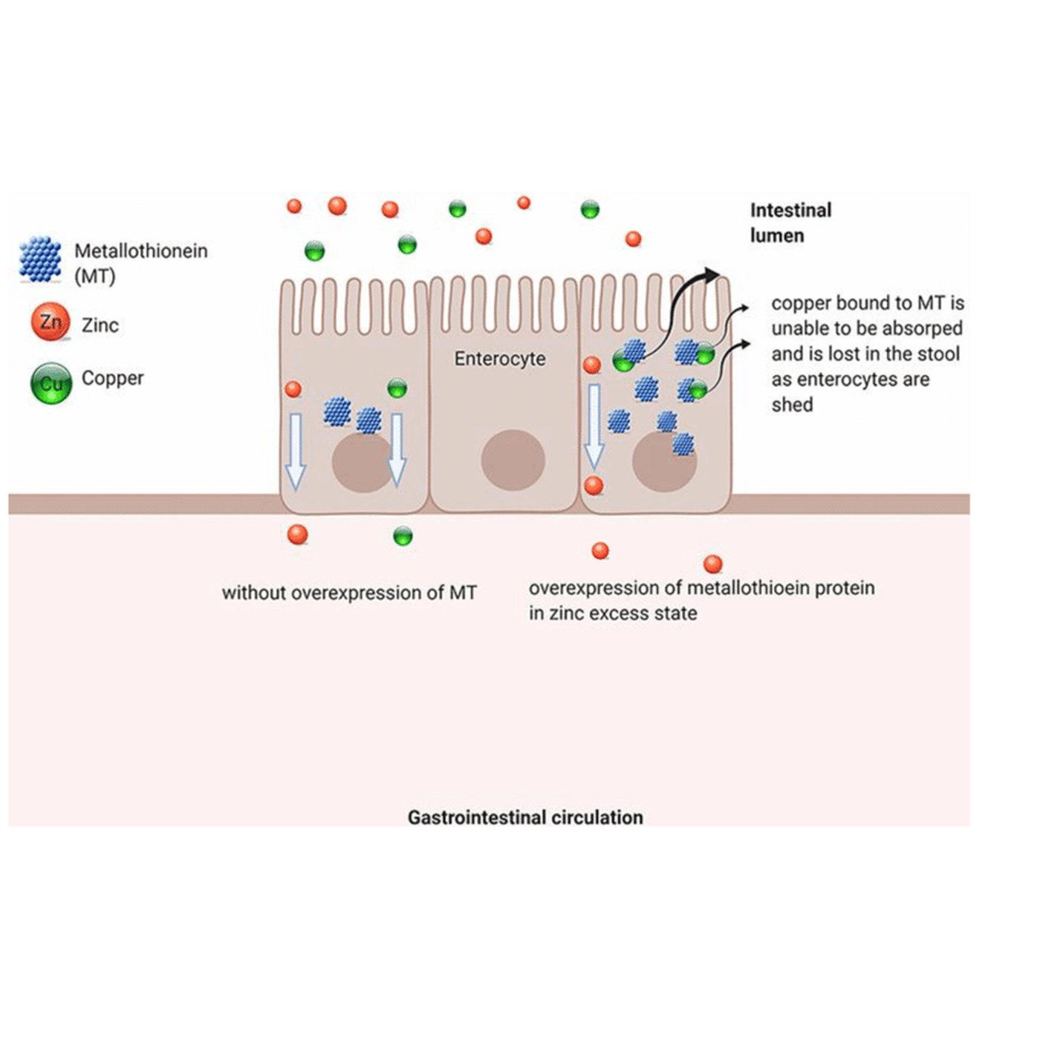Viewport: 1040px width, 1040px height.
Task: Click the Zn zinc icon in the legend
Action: [x=51, y=322]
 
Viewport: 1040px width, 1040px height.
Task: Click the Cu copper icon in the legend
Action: [x=51, y=383]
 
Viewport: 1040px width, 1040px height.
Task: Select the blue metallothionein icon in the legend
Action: [x=40, y=259]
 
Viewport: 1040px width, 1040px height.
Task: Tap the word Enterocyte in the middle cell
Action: [x=500, y=359]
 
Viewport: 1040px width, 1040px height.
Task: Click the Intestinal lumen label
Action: [x=790, y=223]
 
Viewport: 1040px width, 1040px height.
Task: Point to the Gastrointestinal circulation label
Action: [x=525, y=817]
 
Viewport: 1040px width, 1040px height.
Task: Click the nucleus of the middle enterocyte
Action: [x=513, y=460]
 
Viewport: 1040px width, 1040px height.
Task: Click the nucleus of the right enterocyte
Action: [x=664, y=461]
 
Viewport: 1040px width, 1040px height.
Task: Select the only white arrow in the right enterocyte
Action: [x=594, y=426]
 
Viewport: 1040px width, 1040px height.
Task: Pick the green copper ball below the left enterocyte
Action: [x=403, y=536]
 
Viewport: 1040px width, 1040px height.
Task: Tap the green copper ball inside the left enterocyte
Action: [x=397, y=387]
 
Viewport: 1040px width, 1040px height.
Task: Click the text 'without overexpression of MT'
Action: [x=349, y=593]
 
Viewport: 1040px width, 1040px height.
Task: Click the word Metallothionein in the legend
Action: [x=141, y=251]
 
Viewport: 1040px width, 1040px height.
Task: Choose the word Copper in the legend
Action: [x=113, y=378]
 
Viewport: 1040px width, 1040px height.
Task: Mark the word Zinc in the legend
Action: [x=100, y=325]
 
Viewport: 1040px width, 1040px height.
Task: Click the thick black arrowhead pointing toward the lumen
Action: [x=711, y=276]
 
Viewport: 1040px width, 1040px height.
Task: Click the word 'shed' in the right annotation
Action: [x=792, y=405]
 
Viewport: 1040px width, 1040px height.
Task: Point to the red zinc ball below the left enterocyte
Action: [x=297, y=534]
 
